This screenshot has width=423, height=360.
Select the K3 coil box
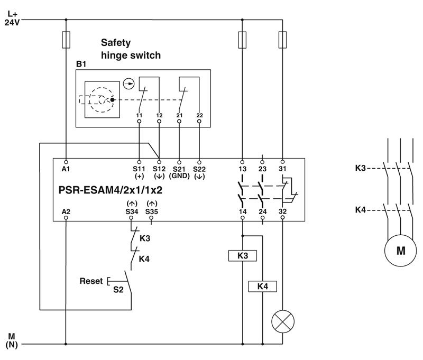(x=242, y=256)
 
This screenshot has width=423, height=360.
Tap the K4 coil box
(x=262, y=287)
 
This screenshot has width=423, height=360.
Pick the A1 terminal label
(x=66, y=169)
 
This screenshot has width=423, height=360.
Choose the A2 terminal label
(x=66, y=211)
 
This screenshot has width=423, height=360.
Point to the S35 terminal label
(x=152, y=211)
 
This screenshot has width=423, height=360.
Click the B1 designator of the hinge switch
(x=81, y=64)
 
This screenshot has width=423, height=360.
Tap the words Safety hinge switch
(x=130, y=49)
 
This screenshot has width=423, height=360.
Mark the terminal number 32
(x=282, y=211)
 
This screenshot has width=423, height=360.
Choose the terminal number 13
(x=242, y=169)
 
